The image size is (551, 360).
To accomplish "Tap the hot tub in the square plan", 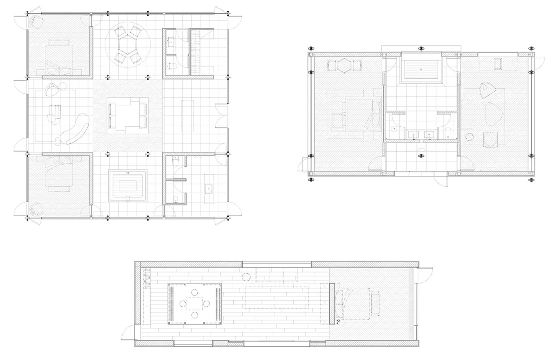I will pyautogui.click(x=128, y=186).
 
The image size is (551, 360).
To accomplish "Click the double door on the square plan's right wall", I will pyautogui.click(x=221, y=116).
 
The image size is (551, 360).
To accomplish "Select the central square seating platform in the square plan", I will pyautogui.click(x=128, y=116).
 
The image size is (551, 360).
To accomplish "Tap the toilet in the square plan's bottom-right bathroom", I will pyautogui.click(x=175, y=162).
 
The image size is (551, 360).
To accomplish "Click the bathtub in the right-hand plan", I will pyautogui.click(x=421, y=70).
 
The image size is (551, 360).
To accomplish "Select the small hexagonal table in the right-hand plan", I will pyautogui.click(x=344, y=65).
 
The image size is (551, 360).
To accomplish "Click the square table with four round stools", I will pyautogui.click(x=195, y=304).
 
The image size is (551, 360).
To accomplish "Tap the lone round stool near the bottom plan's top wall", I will pyautogui.click(x=246, y=277).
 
